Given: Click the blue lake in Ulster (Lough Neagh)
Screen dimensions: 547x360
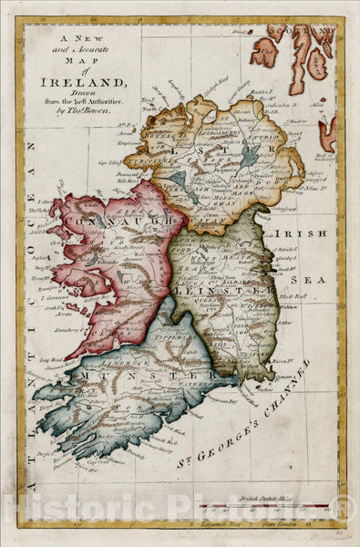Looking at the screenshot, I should point(249,156).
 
